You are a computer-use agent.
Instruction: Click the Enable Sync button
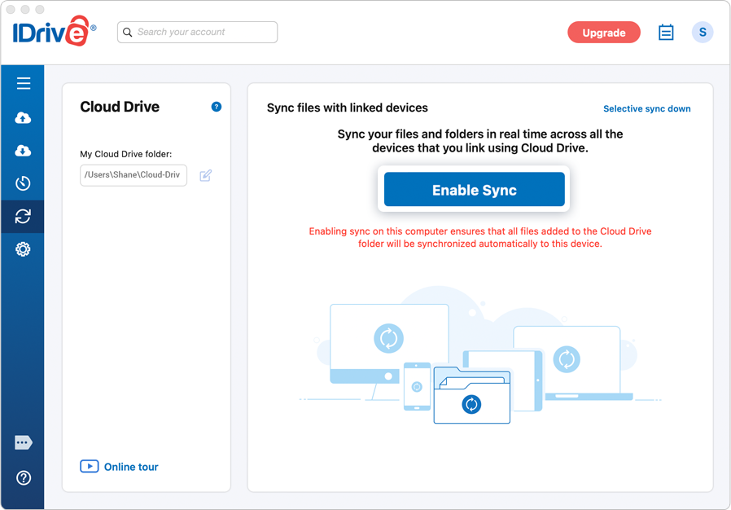[x=474, y=190]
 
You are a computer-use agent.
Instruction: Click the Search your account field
[x=198, y=32]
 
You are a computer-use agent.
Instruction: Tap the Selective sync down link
[x=646, y=108]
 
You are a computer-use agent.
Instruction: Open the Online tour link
[x=119, y=467]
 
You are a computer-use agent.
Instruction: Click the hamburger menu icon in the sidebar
[x=23, y=83]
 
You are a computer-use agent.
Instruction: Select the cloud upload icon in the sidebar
[x=23, y=118]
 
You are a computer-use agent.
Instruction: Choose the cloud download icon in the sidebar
[x=23, y=151]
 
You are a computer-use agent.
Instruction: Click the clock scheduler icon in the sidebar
[x=23, y=183]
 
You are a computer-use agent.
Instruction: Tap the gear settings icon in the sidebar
[x=23, y=249]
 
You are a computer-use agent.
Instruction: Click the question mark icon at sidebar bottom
[x=23, y=477]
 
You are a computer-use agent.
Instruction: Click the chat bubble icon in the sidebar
[x=23, y=442]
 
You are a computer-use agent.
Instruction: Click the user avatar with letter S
[x=703, y=33]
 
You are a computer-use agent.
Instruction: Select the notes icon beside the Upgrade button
[x=666, y=33]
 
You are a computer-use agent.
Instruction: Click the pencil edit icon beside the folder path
[x=206, y=175]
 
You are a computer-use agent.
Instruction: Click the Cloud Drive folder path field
[x=134, y=175]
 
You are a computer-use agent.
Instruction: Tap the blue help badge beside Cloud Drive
[x=217, y=107]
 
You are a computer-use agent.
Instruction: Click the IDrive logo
[x=54, y=32]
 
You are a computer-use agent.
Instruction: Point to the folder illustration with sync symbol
[x=472, y=398]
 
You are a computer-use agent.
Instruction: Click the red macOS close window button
[x=11, y=10]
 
